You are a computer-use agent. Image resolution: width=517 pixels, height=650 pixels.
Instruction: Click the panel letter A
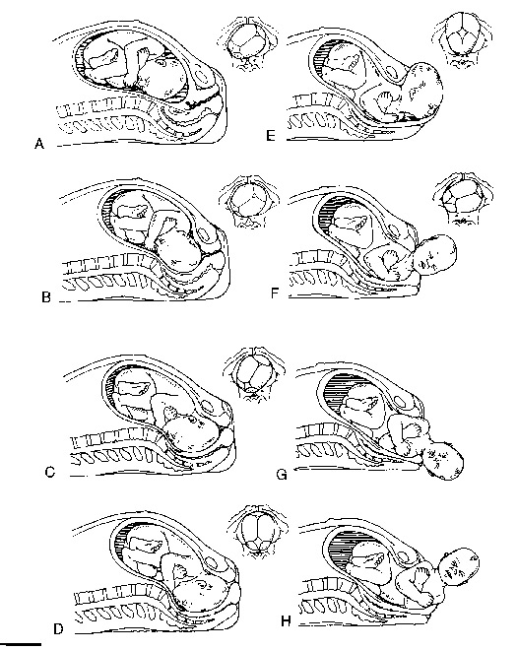tap(39, 144)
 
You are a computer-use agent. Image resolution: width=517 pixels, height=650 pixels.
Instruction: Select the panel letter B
tap(46, 296)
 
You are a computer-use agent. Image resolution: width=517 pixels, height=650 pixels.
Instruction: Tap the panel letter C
tap(50, 472)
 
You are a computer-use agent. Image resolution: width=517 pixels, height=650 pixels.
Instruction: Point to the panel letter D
tap(58, 629)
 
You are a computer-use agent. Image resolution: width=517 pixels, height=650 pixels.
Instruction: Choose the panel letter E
tap(270, 136)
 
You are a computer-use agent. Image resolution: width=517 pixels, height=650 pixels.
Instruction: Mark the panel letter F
tap(275, 293)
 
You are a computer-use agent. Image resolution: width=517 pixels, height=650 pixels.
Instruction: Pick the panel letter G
tap(282, 474)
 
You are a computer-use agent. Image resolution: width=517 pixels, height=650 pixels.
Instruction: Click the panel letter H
tap(286, 621)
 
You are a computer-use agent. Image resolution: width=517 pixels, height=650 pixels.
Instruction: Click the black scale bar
tap(21, 644)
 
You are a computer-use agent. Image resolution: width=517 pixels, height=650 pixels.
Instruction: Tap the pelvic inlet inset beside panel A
tap(247, 42)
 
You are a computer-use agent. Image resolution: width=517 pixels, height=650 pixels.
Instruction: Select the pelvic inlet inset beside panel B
tap(248, 201)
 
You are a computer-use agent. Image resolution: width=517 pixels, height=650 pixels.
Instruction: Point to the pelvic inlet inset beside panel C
tap(254, 373)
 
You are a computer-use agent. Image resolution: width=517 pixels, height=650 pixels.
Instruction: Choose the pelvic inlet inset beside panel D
tap(257, 531)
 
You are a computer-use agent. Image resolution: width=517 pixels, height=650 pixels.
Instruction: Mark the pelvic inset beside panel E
tap(463, 40)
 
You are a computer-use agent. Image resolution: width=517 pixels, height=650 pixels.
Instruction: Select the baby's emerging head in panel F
tap(435, 254)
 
